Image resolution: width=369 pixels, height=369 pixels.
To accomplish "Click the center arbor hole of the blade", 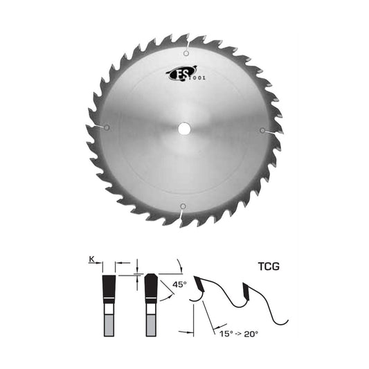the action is [x=184, y=129].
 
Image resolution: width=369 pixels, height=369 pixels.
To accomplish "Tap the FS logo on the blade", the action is [x=182, y=73].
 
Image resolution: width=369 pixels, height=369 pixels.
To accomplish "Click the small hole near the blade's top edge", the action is [x=186, y=53].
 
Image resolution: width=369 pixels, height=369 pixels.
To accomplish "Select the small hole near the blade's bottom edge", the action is [x=183, y=206].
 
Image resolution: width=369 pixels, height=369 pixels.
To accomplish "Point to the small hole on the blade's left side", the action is [x=107, y=128].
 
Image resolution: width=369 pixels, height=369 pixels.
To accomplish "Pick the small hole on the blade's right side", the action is [x=262, y=130].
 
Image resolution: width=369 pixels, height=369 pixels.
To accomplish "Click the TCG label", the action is [x=269, y=267].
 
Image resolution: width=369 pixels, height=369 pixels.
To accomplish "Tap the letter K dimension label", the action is [x=91, y=260].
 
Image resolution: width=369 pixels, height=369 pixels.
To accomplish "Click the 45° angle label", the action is [x=179, y=285].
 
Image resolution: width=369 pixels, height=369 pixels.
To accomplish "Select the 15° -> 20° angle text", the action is [x=239, y=334].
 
